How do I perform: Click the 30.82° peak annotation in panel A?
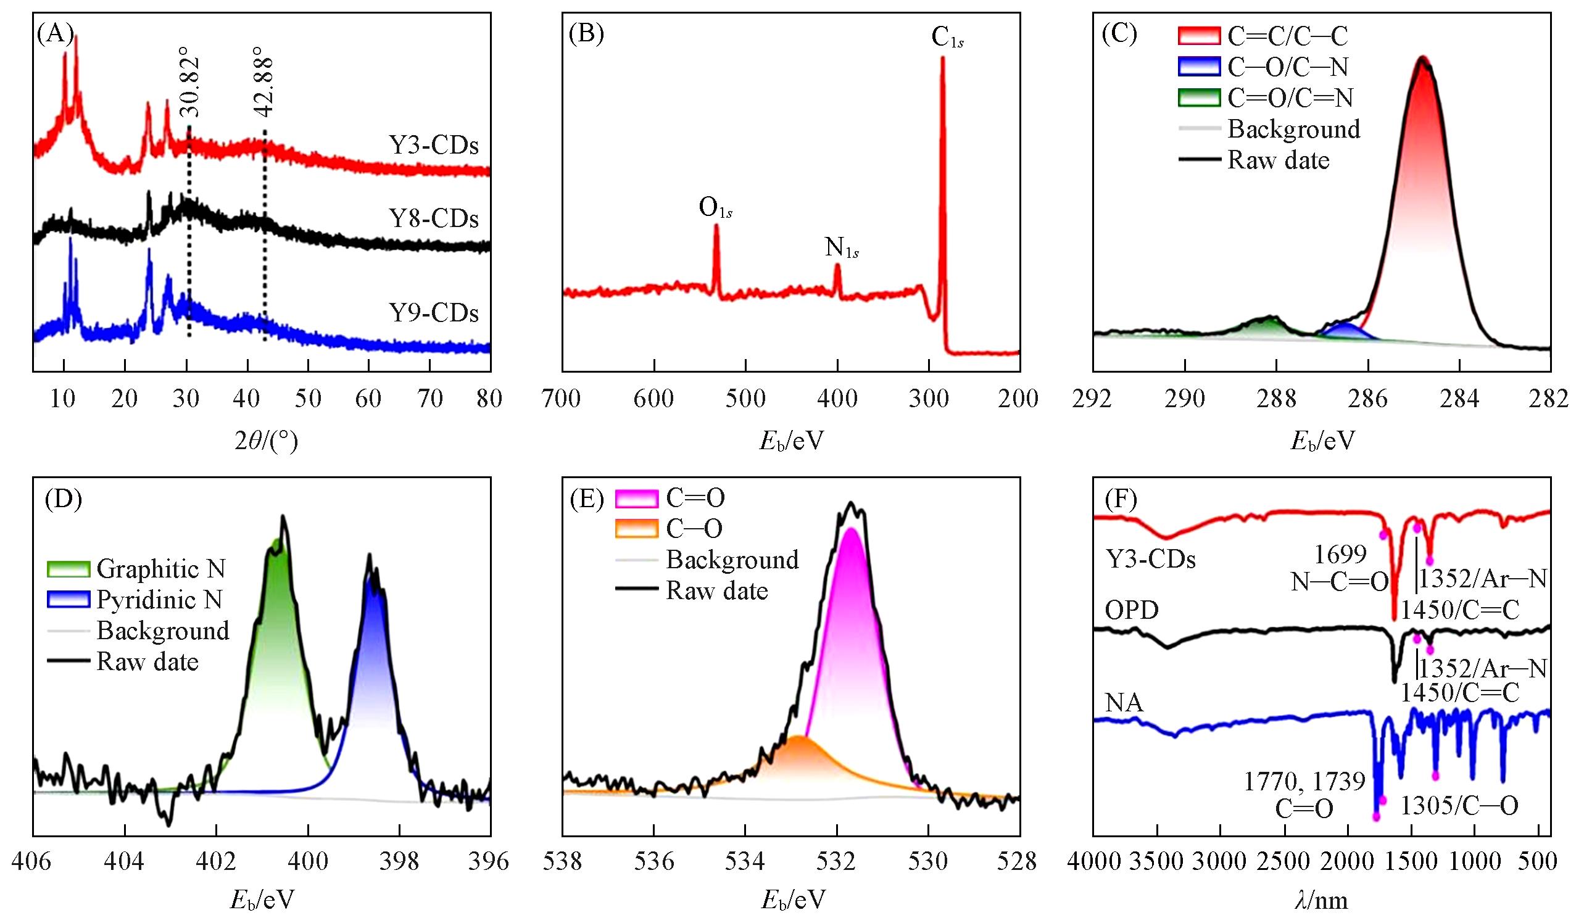(190, 86)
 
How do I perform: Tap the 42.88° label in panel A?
(265, 86)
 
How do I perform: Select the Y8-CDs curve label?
(434, 218)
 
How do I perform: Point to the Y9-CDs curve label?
(434, 312)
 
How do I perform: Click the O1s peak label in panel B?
(715, 209)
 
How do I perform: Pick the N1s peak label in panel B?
(842, 248)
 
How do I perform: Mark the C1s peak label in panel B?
(947, 38)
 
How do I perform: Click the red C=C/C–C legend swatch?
(1199, 36)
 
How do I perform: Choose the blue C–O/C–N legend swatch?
(1199, 67)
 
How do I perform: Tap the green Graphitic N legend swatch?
(68, 569)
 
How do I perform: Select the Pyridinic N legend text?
(160, 600)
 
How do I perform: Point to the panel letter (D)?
(63, 500)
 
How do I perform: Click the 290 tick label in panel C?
(1185, 399)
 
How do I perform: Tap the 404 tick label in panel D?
(125, 861)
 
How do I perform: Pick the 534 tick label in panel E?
(745, 861)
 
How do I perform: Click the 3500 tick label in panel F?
(1156, 861)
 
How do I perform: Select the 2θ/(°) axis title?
(265, 442)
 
